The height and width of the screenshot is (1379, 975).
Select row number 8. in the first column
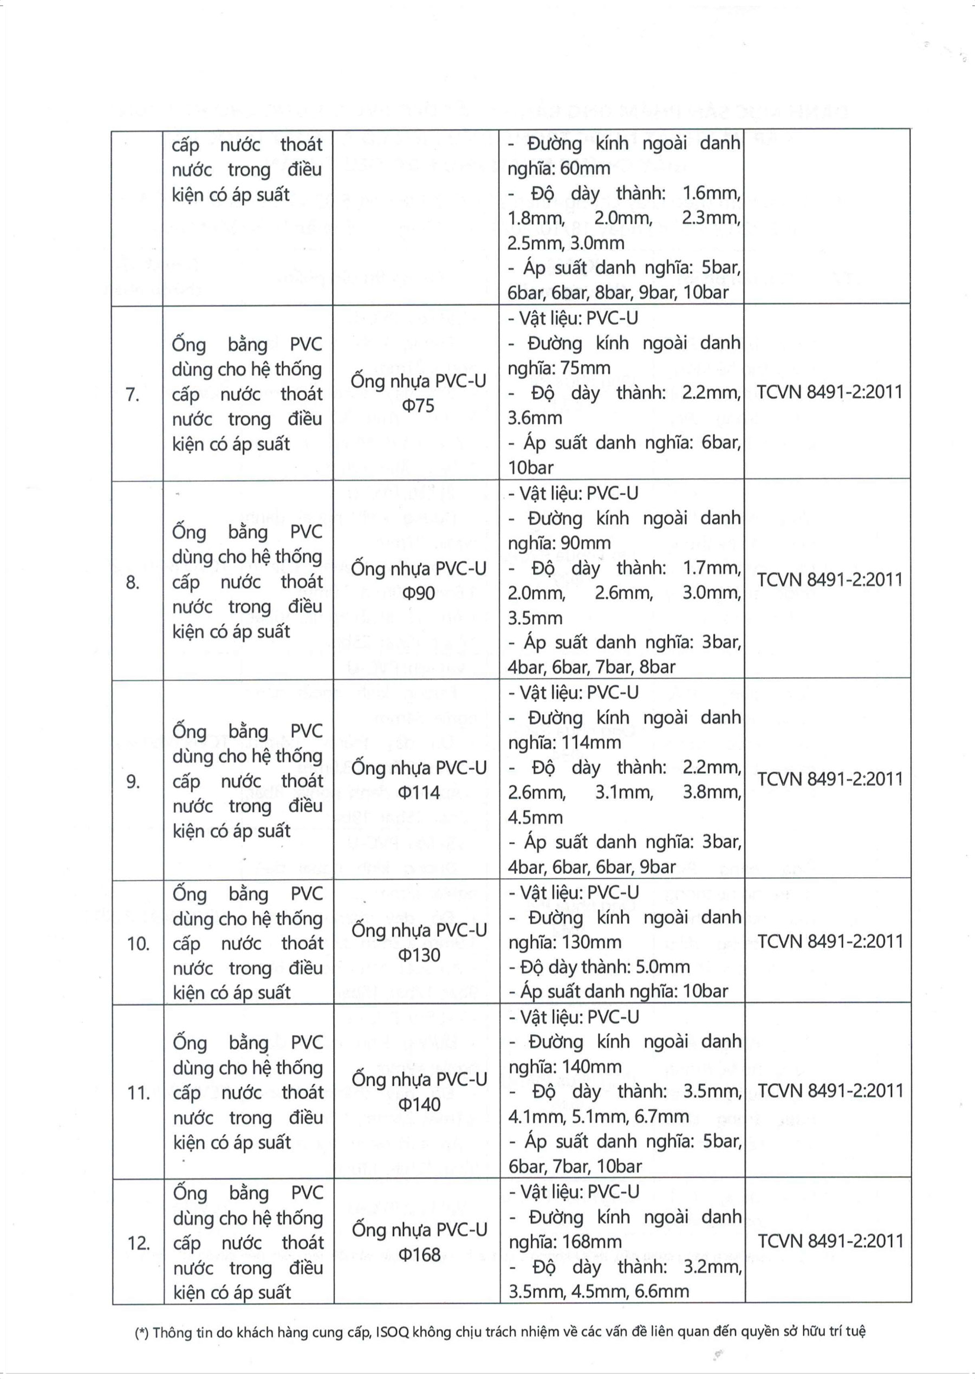tap(133, 582)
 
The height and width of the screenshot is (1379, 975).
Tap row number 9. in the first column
tap(133, 781)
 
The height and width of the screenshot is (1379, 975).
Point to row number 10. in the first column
tap(138, 943)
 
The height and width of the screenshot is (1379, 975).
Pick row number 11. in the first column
tap(138, 1092)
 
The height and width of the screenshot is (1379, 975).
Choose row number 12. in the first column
tap(138, 1242)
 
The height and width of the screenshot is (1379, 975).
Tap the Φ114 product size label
tap(419, 793)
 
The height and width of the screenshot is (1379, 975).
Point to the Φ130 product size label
tap(419, 955)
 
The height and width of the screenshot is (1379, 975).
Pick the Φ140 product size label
tap(419, 1104)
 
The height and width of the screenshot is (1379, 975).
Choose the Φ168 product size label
tap(419, 1254)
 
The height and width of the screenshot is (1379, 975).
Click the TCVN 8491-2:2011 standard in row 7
tap(830, 392)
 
